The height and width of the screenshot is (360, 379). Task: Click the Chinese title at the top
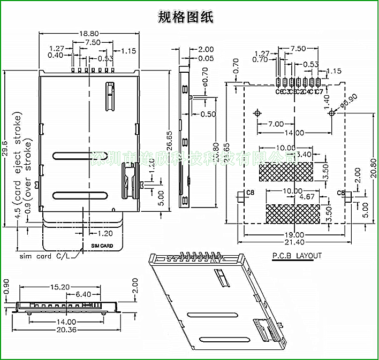click(186, 17)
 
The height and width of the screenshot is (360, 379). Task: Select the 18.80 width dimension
click(89, 34)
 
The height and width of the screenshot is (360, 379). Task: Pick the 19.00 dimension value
click(294, 235)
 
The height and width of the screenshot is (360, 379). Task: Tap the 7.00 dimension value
click(276, 124)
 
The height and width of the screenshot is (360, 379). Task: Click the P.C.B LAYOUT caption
click(297, 256)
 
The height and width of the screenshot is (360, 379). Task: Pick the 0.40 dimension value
click(55, 55)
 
